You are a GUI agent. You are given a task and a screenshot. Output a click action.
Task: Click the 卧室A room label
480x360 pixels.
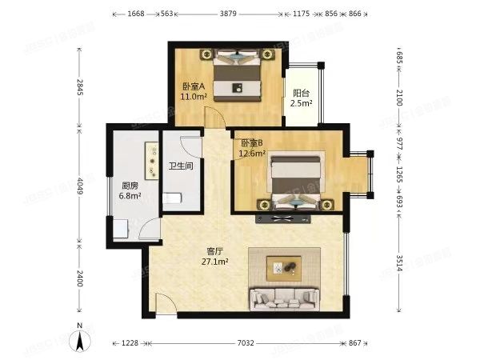pyautogui.click(x=194, y=86)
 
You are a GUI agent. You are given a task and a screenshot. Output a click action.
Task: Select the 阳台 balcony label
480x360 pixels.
pyautogui.click(x=301, y=94)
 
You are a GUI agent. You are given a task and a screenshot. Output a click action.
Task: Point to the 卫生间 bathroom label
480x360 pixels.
pyautogui.click(x=180, y=166)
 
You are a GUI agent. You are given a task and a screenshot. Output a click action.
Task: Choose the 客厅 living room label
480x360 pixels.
pyautogui.click(x=214, y=251)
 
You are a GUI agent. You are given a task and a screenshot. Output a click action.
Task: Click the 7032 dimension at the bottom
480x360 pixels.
pyautogui.click(x=246, y=342)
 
